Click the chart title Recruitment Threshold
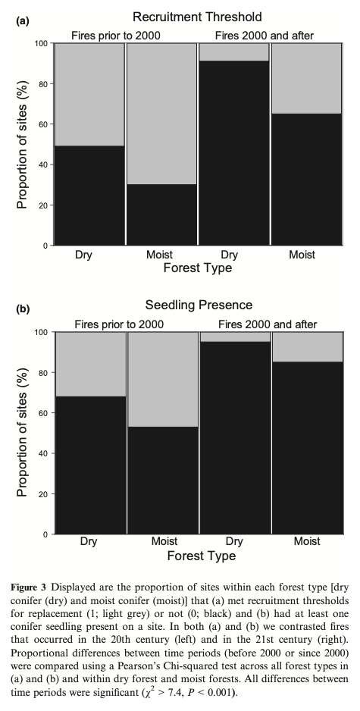[x=198, y=16]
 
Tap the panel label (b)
[x=24, y=309]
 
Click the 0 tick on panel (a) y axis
[x=46, y=246]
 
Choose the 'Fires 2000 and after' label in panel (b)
[x=268, y=324]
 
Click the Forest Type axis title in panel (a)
[x=198, y=268]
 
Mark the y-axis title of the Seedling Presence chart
[x=23, y=433]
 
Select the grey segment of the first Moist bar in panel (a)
[x=161, y=114]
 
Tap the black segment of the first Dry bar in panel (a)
[x=90, y=195]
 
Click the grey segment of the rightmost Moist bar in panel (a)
[x=306, y=78]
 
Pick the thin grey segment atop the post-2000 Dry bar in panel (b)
[x=234, y=337]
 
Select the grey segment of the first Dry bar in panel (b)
[x=90, y=364]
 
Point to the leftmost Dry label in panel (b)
[x=90, y=541]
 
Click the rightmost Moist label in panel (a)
[x=302, y=255]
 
